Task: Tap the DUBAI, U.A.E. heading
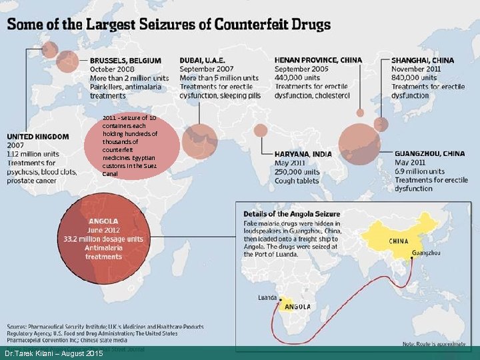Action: [x=203, y=60]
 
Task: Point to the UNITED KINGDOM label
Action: [x=38, y=136]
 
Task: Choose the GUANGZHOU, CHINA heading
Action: [x=430, y=153]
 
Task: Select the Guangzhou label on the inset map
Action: [x=426, y=253]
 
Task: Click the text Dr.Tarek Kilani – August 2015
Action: [x=53, y=353]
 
